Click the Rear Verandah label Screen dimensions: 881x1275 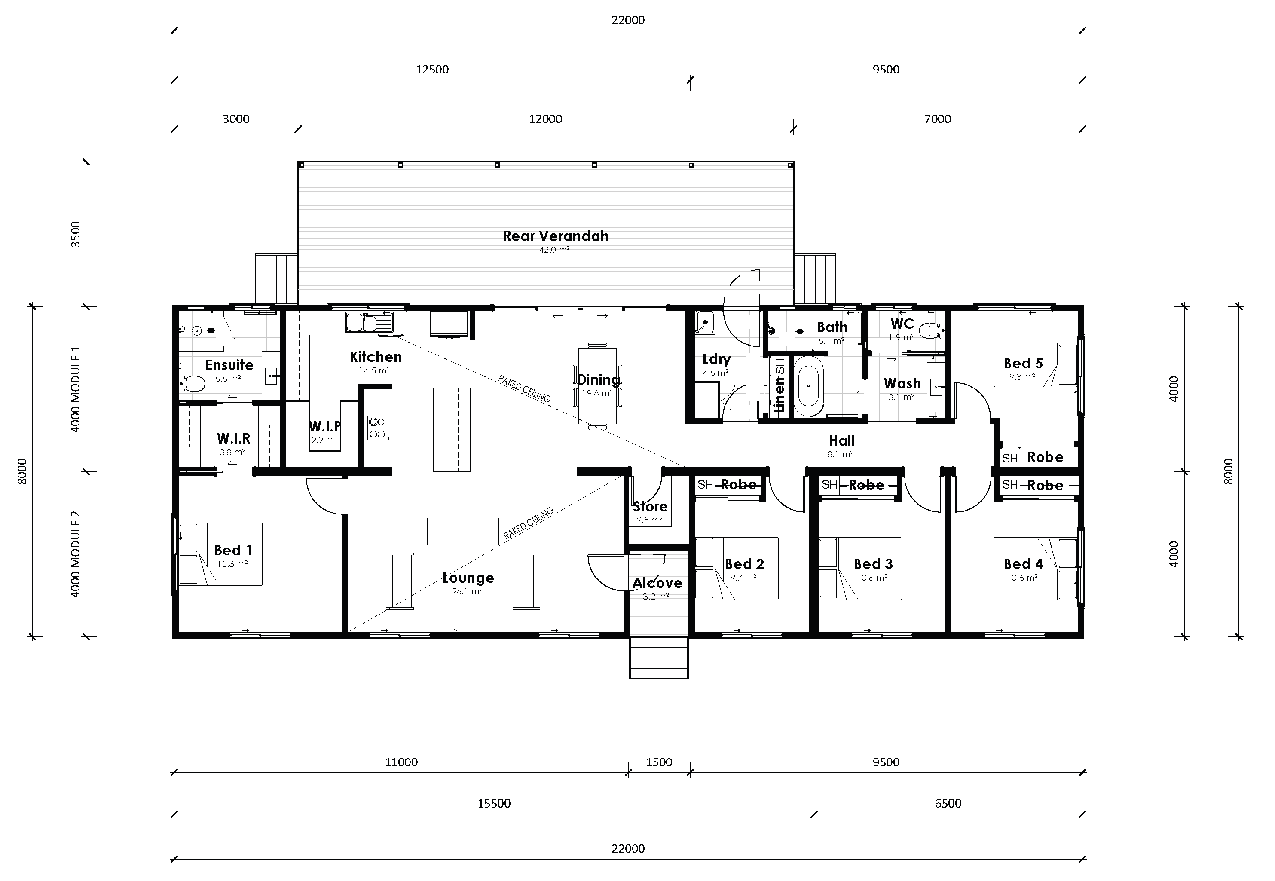click(555, 236)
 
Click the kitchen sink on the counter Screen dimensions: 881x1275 click(369, 322)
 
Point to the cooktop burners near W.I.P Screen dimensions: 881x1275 click(378, 427)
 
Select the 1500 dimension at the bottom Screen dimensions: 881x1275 click(659, 762)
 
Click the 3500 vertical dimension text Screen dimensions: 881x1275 click(76, 234)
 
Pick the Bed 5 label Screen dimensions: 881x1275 click(1023, 363)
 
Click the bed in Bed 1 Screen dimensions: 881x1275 click(220, 554)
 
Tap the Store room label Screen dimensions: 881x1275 click(650, 506)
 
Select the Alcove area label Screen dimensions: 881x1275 click(657, 583)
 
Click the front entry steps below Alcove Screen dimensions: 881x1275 click(658, 658)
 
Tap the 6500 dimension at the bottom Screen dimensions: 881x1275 click(948, 803)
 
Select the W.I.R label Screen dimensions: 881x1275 click(233, 438)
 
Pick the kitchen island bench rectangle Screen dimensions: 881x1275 click(452, 429)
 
